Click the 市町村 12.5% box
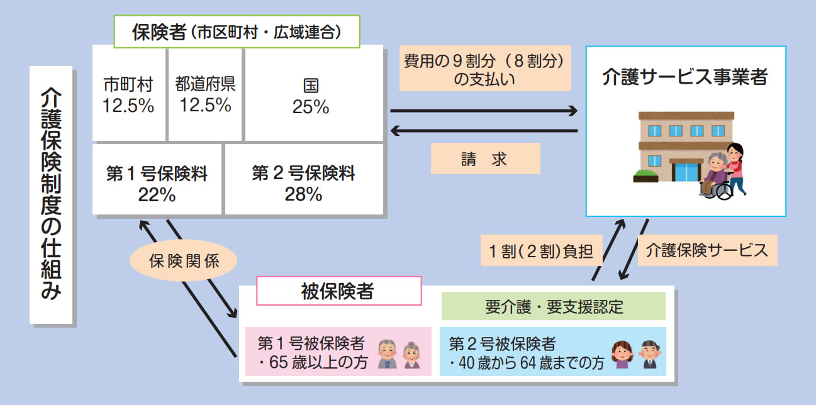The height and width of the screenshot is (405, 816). tap(129, 94)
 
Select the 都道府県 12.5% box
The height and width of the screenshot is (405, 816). tap(205, 94)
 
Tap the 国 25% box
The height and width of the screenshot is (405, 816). tap(313, 94)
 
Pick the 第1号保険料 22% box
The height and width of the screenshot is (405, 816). tap(157, 180)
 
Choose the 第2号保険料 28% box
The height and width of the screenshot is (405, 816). tap(303, 180)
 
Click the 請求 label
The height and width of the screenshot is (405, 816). tap(484, 159)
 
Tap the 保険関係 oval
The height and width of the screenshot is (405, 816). tap(184, 261)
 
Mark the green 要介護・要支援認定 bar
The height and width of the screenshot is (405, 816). tap(554, 306)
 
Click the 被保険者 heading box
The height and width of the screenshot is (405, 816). tap(338, 291)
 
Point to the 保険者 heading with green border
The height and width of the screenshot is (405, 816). tap(236, 31)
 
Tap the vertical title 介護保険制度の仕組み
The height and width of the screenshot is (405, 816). tap(52, 195)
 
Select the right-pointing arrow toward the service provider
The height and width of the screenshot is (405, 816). tap(483, 111)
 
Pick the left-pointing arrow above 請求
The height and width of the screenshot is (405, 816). tap(483, 131)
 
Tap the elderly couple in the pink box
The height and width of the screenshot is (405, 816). tap(399, 354)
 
